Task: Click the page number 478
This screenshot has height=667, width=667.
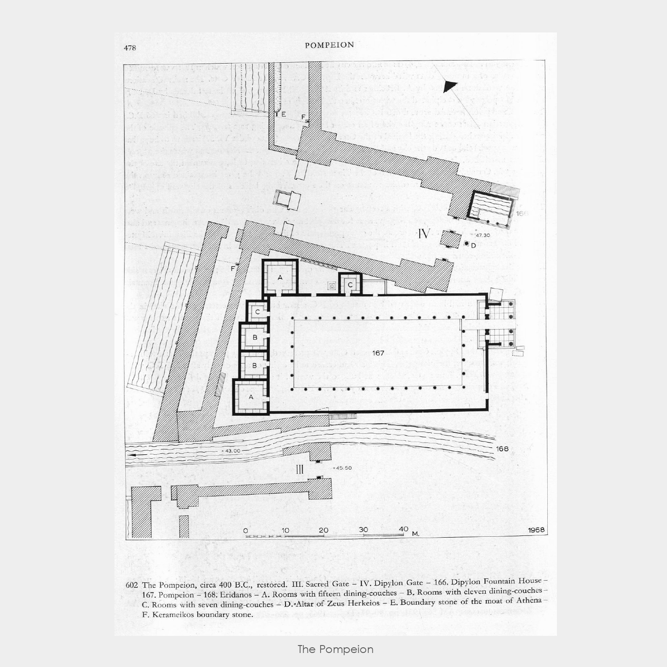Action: [x=130, y=47]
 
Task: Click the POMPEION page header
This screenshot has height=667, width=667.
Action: [x=329, y=45]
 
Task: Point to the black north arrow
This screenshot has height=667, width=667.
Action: [x=449, y=86]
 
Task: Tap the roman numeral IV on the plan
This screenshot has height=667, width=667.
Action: [x=424, y=234]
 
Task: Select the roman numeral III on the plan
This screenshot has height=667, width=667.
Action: [x=300, y=469]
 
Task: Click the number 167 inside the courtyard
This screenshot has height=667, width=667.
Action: [x=378, y=353]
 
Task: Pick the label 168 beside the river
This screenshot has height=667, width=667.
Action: [x=502, y=449]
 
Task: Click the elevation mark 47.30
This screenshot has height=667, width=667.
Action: [x=483, y=235]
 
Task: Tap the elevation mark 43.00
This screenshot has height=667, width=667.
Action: [x=232, y=451]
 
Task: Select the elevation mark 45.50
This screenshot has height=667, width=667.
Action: [x=344, y=468]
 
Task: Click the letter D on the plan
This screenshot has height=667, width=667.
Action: [x=473, y=245]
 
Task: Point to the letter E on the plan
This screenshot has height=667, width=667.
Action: [x=284, y=114]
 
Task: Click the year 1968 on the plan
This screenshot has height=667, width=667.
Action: [x=536, y=530]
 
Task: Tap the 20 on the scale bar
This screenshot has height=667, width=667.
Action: [x=323, y=530]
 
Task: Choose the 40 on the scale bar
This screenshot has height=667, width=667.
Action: [x=403, y=529]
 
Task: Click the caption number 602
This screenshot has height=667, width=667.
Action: [x=132, y=585]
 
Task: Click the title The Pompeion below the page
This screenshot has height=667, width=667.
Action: [x=335, y=649]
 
